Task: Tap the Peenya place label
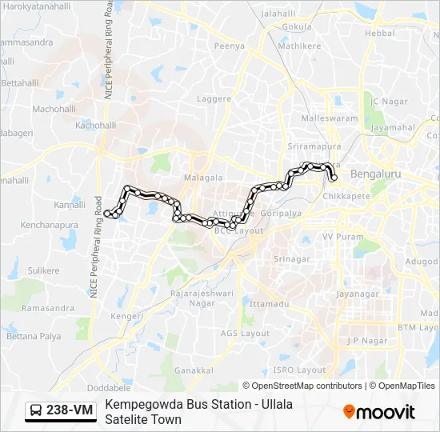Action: click(x=229, y=46)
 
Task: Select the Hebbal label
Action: click(x=379, y=33)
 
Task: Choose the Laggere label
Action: click(x=214, y=99)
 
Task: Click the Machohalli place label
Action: click(x=54, y=109)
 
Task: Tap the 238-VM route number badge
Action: click(x=70, y=410)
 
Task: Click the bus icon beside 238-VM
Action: click(x=37, y=410)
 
